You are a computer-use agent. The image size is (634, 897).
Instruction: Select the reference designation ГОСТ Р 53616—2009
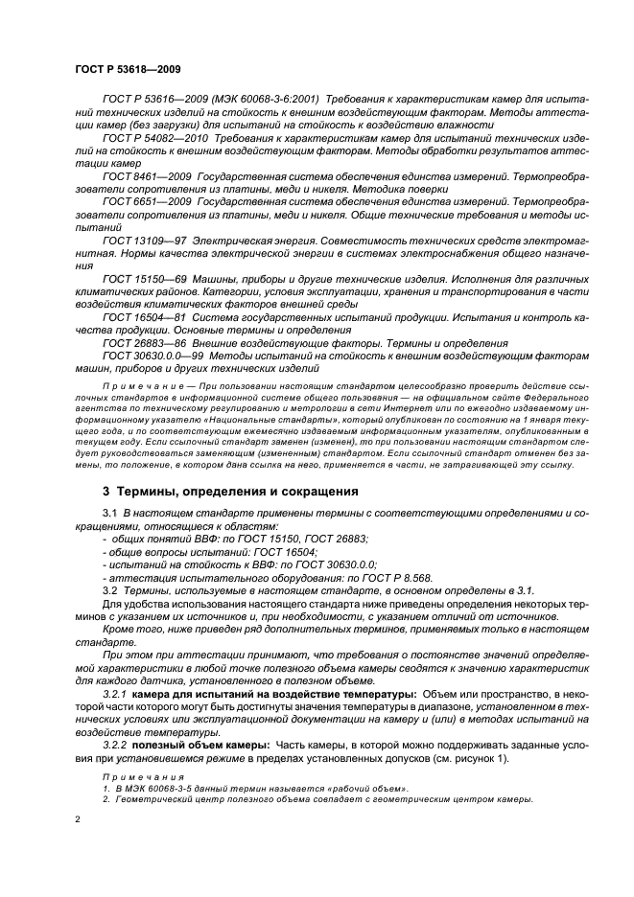(x=154, y=99)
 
